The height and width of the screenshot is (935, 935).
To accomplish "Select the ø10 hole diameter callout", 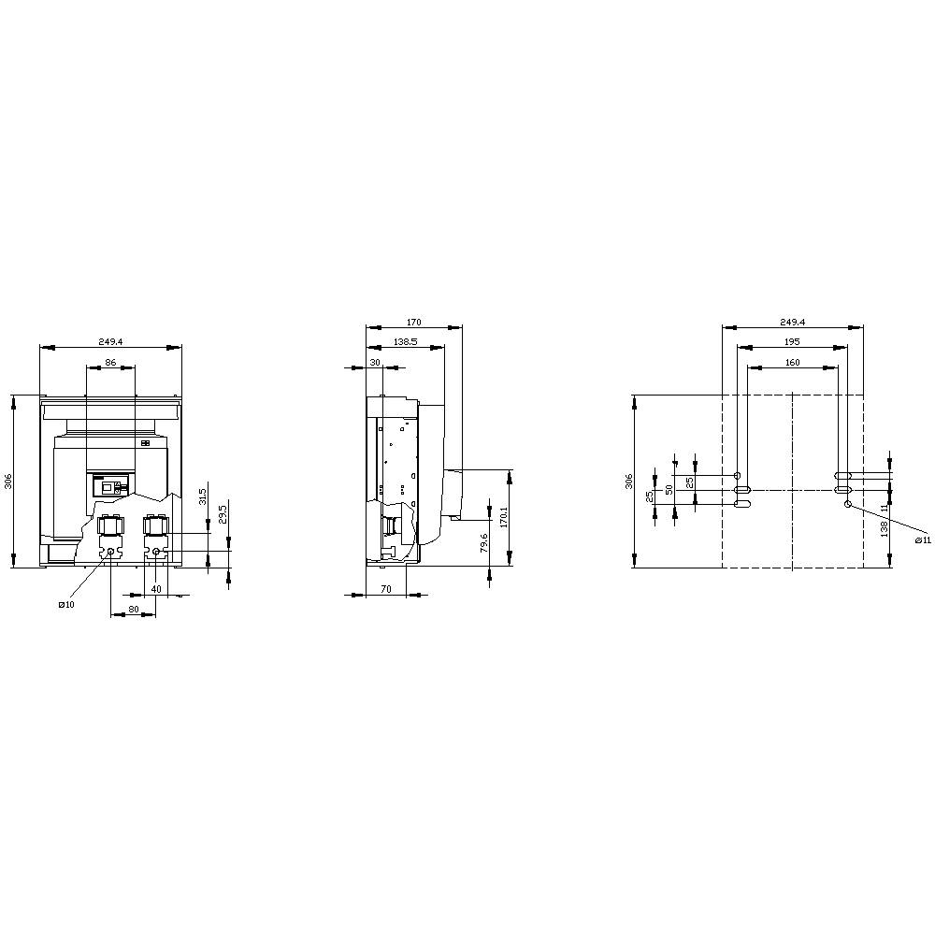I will [65, 605].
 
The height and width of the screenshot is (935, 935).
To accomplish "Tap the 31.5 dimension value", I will [204, 496].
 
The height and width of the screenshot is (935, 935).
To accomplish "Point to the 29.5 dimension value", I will [222, 515].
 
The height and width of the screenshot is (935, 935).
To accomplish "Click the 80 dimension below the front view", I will [134, 609].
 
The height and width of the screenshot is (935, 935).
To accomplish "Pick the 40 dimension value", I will [156, 589].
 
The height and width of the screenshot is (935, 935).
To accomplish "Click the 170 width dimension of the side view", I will [414, 322].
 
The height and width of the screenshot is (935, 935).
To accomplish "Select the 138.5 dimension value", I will [406, 343].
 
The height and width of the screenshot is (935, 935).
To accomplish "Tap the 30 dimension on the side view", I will [375, 362].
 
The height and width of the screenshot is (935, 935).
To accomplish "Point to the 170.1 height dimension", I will [503, 517].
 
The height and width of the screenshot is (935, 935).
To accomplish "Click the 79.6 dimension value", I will [483, 542].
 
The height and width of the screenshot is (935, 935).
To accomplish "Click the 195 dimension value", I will [792, 341].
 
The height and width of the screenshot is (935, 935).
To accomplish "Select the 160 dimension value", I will [792, 362].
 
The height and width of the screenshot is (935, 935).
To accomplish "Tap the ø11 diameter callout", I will [922, 540].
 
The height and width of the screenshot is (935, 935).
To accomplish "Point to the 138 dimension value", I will [884, 528].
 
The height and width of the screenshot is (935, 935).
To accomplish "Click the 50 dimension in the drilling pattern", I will [669, 489].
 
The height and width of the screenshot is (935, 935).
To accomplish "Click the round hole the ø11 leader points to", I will [848, 505].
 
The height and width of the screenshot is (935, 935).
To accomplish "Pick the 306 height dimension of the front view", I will [7, 481].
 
